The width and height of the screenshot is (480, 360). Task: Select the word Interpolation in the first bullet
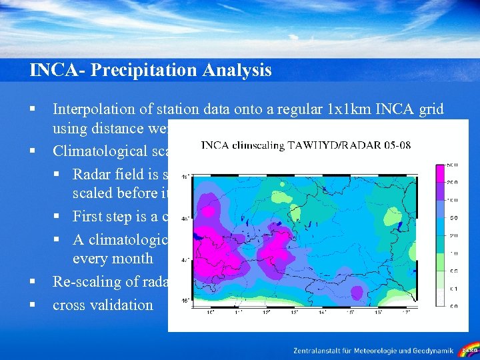click(x=93, y=109)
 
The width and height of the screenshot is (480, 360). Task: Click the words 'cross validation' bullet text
click(x=103, y=305)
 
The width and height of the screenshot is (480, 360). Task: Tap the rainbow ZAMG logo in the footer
click(x=469, y=349)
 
